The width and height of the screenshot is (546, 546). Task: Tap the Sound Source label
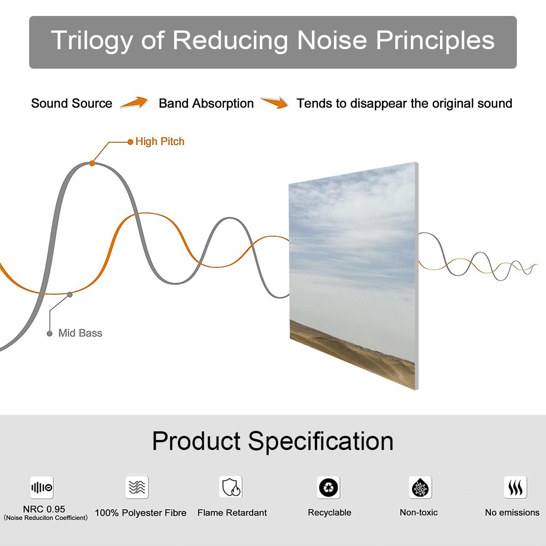71,103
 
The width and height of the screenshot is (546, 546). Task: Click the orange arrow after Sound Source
134,103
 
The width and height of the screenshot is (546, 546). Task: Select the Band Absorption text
206,103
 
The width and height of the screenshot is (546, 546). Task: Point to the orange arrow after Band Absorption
274,103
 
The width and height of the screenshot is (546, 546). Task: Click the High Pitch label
160,142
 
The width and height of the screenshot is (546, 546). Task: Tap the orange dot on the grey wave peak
92,163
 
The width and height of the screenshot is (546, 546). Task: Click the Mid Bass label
80,333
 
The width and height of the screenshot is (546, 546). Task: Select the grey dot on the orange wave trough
70,294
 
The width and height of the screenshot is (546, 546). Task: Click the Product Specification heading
273,441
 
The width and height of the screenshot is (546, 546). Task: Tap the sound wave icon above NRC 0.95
42,488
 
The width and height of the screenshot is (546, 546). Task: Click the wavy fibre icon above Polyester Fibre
137,487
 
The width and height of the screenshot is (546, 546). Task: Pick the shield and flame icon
231,487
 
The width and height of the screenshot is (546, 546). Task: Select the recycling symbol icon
329,488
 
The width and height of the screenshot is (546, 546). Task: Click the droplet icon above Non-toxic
420,488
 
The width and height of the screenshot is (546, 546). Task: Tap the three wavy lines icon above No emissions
515,488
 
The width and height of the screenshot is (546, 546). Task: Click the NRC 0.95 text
44,509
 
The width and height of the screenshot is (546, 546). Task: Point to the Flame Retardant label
232,513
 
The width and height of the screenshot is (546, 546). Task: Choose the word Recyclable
329,512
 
